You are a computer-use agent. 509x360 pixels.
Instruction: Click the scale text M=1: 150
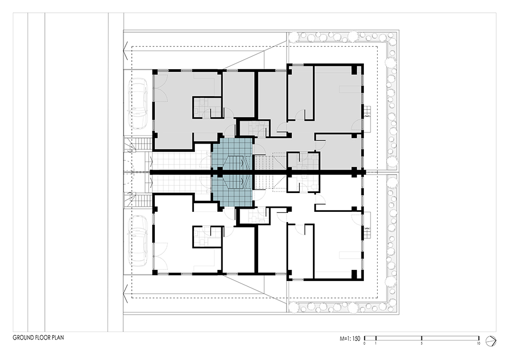pyautogui.click(x=350, y=339)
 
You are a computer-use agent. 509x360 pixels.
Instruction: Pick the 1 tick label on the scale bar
pyautogui.click(x=376, y=343)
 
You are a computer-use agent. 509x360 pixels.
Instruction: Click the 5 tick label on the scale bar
pyautogui.click(x=421, y=343)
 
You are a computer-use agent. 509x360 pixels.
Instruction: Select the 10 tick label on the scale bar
pyautogui.click(x=478, y=343)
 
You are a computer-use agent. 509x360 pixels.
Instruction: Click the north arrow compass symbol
pyautogui.click(x=491, y=341)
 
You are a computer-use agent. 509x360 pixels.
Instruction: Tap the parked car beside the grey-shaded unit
pyautogui.click(x=139, y=104)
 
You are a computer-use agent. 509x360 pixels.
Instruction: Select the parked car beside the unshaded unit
pyautogui.click(x=139, y=240)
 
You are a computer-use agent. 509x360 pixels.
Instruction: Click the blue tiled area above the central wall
pyautogui.click(x=232, y=154)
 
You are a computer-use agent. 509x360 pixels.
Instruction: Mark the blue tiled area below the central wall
pyautogui.click(x=232, y=191)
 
